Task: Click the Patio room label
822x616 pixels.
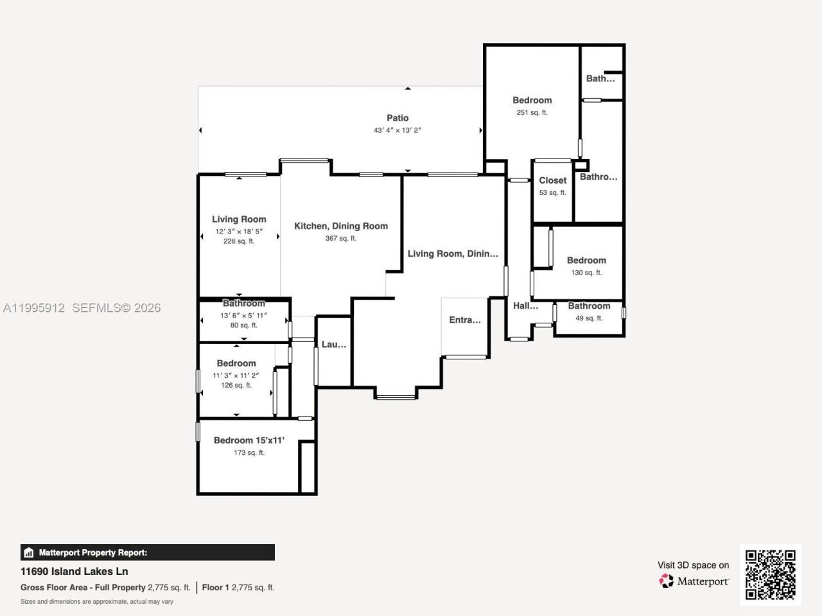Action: pyautogui.click(x=398, y=118)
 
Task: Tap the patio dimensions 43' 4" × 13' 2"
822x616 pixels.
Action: pyautogui.click(x=398, y=130)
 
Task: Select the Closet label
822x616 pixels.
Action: pyautogui.click(x=553, y=180)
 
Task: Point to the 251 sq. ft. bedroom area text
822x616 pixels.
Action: pyautogui.click(x=532, y=112)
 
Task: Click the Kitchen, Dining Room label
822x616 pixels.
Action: pyautogui.click(x=341, y=226)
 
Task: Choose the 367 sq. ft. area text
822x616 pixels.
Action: pyautogui.click(x=341, y=238)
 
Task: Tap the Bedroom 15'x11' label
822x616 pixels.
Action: pyautogui.click(x=249, y=440)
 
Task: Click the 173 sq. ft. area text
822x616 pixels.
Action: pyautogui.click(x=249, y=452)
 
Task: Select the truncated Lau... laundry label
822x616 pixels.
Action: pyautogui.click(x=334, y=345)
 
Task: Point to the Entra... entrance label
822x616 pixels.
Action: pyautogui.click(x=465, y=320)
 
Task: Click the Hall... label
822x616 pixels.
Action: pyautogui.click(x=525, y=305)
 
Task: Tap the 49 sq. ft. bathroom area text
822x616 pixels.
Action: pyautogui.click(x=589, y=318)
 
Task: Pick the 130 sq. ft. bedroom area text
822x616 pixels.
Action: pyautogui.click(x=586, y=272)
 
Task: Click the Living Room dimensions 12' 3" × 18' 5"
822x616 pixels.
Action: pyautogui.click(x=239, y=231)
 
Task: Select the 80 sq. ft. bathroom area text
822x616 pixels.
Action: pyautogui.click(x=244, y=325)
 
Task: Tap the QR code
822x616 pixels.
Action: pyautogui.click(x=771, y=574)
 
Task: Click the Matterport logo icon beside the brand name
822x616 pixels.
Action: pyautogui.click(x=667, y=581)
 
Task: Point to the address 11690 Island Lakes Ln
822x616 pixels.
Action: pyautogui.click(x=74, y=571)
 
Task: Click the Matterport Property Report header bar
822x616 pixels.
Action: pyautogui.click(x=148, y=552)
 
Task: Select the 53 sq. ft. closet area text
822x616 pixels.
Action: pyautogui.click(x=553, y=193)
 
